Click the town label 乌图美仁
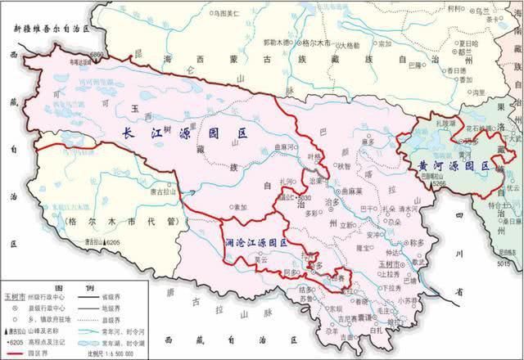tap(223, 14)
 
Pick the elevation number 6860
tap(97, 54)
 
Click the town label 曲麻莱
tap(354, 190)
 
